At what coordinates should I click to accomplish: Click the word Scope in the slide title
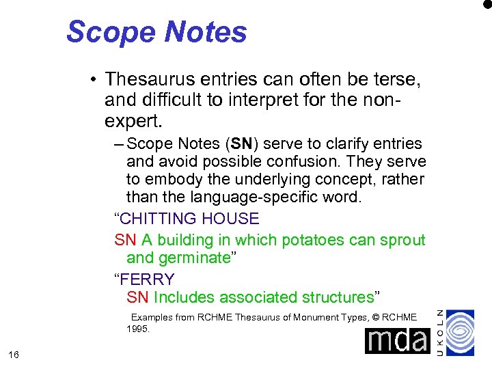[109, 32]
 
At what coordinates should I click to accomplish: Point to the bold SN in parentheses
[242, 144]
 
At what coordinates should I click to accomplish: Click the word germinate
[200, 258]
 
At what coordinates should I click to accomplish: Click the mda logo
[396, 340]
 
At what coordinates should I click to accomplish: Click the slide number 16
[14, 354]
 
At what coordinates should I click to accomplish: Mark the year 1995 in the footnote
[138, 329]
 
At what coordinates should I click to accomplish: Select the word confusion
[300, 163]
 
